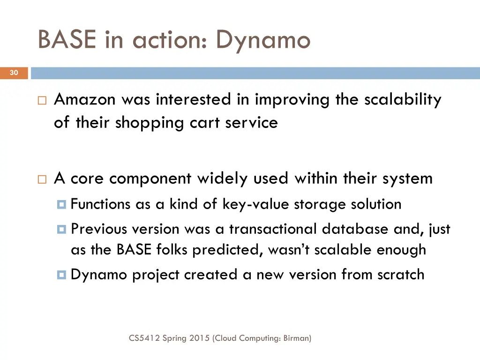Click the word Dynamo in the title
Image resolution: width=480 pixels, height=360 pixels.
263,40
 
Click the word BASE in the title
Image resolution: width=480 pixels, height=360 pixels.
67,39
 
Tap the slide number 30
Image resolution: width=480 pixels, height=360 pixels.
14,73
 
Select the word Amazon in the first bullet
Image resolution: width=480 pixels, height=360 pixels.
85,100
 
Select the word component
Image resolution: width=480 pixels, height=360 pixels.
150,179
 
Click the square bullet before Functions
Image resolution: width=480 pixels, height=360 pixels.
62,205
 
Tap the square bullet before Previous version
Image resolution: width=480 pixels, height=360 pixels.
62,230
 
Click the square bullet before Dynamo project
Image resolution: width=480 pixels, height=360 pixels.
62,275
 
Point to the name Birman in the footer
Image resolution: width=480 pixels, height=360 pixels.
296,338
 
